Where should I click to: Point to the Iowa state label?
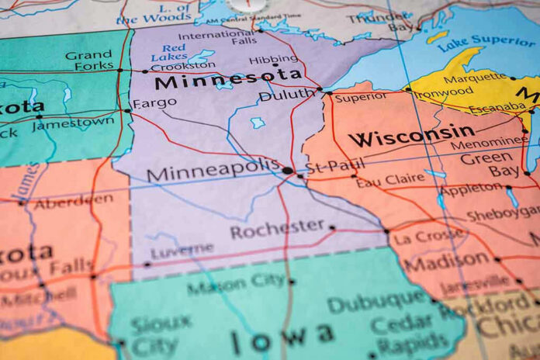pos(282,337)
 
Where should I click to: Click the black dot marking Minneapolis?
pos(288,170)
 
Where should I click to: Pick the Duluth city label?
pos(286,95)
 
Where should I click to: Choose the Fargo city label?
pos(154,103)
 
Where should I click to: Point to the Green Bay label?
pos(486,165)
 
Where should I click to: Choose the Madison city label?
pos(446,262)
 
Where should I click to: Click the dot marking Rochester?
pos(332,227)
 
